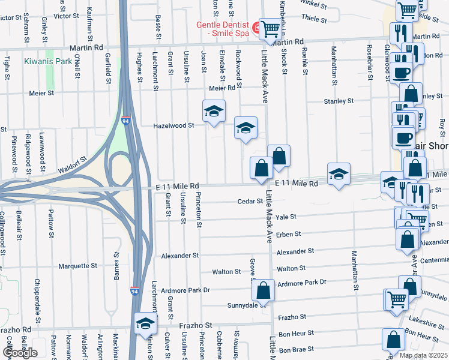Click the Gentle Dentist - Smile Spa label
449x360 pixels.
click(223, 29)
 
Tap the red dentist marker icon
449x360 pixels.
click(256, 26)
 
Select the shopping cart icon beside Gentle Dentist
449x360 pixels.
click(271, 27)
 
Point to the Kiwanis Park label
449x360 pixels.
click(48, 61)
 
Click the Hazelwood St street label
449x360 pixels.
click(174, 126)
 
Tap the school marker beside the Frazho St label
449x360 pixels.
click(145, 323)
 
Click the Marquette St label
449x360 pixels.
click(77, 266)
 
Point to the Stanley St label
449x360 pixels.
click(339, 101)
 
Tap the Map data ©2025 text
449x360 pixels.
click(423, 355)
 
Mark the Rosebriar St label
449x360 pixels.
click(367, 63)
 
